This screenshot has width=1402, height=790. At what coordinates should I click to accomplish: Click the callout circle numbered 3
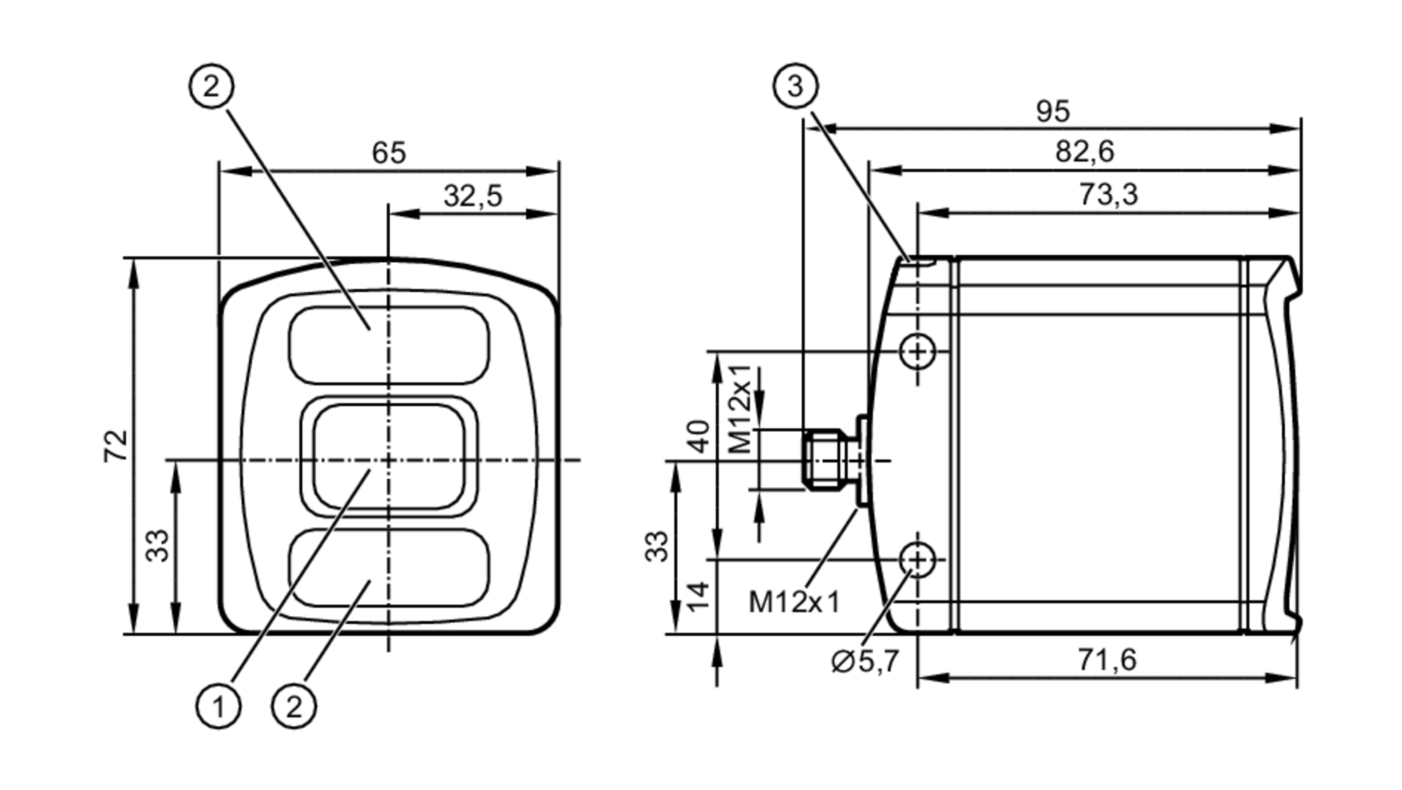795,87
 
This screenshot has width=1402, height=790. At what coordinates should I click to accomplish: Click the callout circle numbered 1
218,706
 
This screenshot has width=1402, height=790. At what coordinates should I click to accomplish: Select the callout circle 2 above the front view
211,87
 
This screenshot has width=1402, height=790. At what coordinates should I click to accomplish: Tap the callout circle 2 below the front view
294,706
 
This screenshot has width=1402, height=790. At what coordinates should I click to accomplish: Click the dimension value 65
388,153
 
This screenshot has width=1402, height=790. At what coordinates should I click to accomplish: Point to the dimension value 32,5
472,196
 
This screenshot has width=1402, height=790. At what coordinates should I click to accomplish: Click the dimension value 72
116,445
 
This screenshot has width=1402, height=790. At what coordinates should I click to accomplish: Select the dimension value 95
1052,111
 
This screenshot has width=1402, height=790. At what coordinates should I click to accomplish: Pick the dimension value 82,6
1084,151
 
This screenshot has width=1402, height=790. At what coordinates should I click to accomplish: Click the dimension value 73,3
1108,194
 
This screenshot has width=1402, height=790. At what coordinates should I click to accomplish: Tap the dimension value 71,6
1107,660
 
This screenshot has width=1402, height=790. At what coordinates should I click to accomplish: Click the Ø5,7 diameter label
864,661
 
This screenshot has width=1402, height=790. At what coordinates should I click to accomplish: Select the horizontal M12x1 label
794,602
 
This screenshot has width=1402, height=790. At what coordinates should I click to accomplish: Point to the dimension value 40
698,436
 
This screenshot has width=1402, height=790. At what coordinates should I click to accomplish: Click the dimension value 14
698,597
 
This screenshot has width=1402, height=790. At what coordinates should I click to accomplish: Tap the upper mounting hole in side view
917,351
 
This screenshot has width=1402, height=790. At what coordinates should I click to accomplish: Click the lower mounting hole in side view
917,559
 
